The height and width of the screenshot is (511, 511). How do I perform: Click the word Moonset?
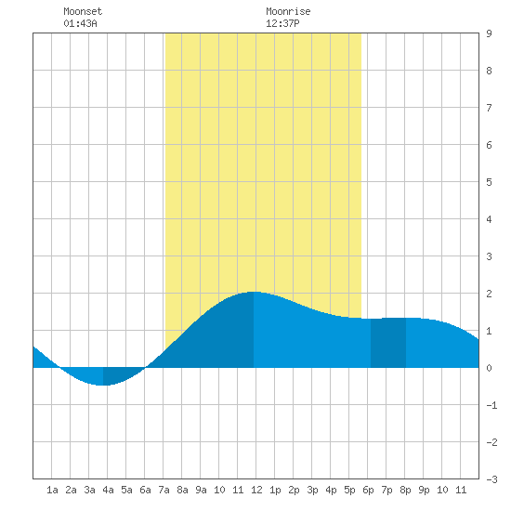tap(83, 11)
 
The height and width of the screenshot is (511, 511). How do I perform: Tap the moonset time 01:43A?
tap(80, 23)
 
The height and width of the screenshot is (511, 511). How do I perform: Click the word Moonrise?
tap(288, 11)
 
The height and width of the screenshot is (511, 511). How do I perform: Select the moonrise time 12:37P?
tap(282, 23)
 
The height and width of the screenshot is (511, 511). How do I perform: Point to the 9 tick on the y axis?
tap(489, 33)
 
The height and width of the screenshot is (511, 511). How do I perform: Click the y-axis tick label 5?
tap(489, 182)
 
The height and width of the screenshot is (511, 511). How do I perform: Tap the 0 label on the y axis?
tap(489, 368)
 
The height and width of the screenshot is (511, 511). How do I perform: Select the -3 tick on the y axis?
tap(491, 479)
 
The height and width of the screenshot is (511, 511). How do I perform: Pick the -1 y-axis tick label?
tap(491, 405)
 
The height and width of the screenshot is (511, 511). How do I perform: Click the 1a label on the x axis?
tap(52, 490)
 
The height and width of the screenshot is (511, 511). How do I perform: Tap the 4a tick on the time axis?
tap(108, 490)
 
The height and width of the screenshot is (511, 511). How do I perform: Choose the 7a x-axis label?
tap(164, 490)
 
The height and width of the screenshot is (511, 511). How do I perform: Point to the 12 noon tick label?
tap(256, 490)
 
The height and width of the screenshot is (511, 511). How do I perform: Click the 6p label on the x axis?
tap(368, 490)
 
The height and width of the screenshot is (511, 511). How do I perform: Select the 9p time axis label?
tap(424, 490)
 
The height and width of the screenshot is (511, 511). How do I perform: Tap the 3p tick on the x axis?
tap(312, 490)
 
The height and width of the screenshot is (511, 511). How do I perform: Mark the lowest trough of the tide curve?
tap(103, 386)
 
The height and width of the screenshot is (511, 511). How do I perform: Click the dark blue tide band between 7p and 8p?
tap(388, 343)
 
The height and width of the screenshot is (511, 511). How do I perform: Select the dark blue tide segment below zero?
tap(121, 374)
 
